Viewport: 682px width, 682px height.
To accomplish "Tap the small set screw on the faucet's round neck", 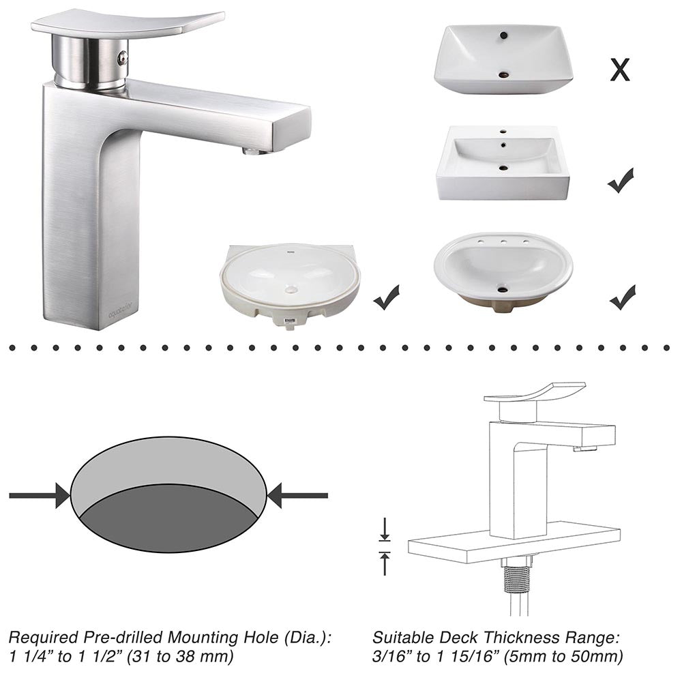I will pyautogui.click(x=122, y=59).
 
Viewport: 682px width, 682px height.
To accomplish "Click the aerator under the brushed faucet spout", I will pyautogui.click(x=253, y=151).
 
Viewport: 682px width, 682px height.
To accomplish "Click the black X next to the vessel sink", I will pyautogui.click(x=619, y=70).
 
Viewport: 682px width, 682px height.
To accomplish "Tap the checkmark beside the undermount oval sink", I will pyautogui.click(x=387, y=298).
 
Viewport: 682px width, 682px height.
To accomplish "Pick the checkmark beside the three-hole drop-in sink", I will pyautogui.click(x=622, y=297).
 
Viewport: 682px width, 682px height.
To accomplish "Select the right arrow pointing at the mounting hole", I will pyautogui.click(x=297, y=495).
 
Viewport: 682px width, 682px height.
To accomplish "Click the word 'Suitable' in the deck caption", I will pyautogui.click(x=404, y=638).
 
